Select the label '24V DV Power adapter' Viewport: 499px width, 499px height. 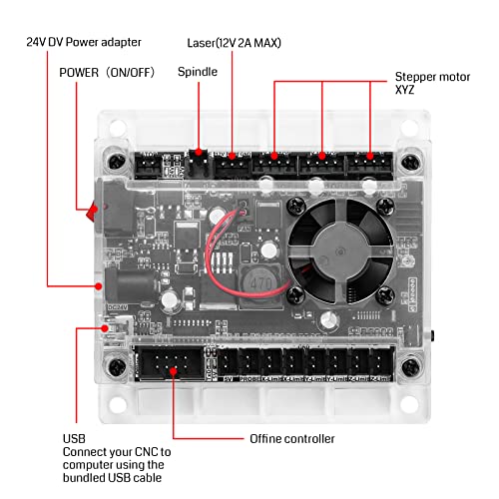[x=84, y=42]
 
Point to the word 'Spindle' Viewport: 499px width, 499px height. [x=198, y=72]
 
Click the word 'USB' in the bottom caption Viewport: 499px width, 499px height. [x=74, y=438]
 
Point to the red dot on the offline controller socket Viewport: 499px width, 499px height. [x=174, y=371]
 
